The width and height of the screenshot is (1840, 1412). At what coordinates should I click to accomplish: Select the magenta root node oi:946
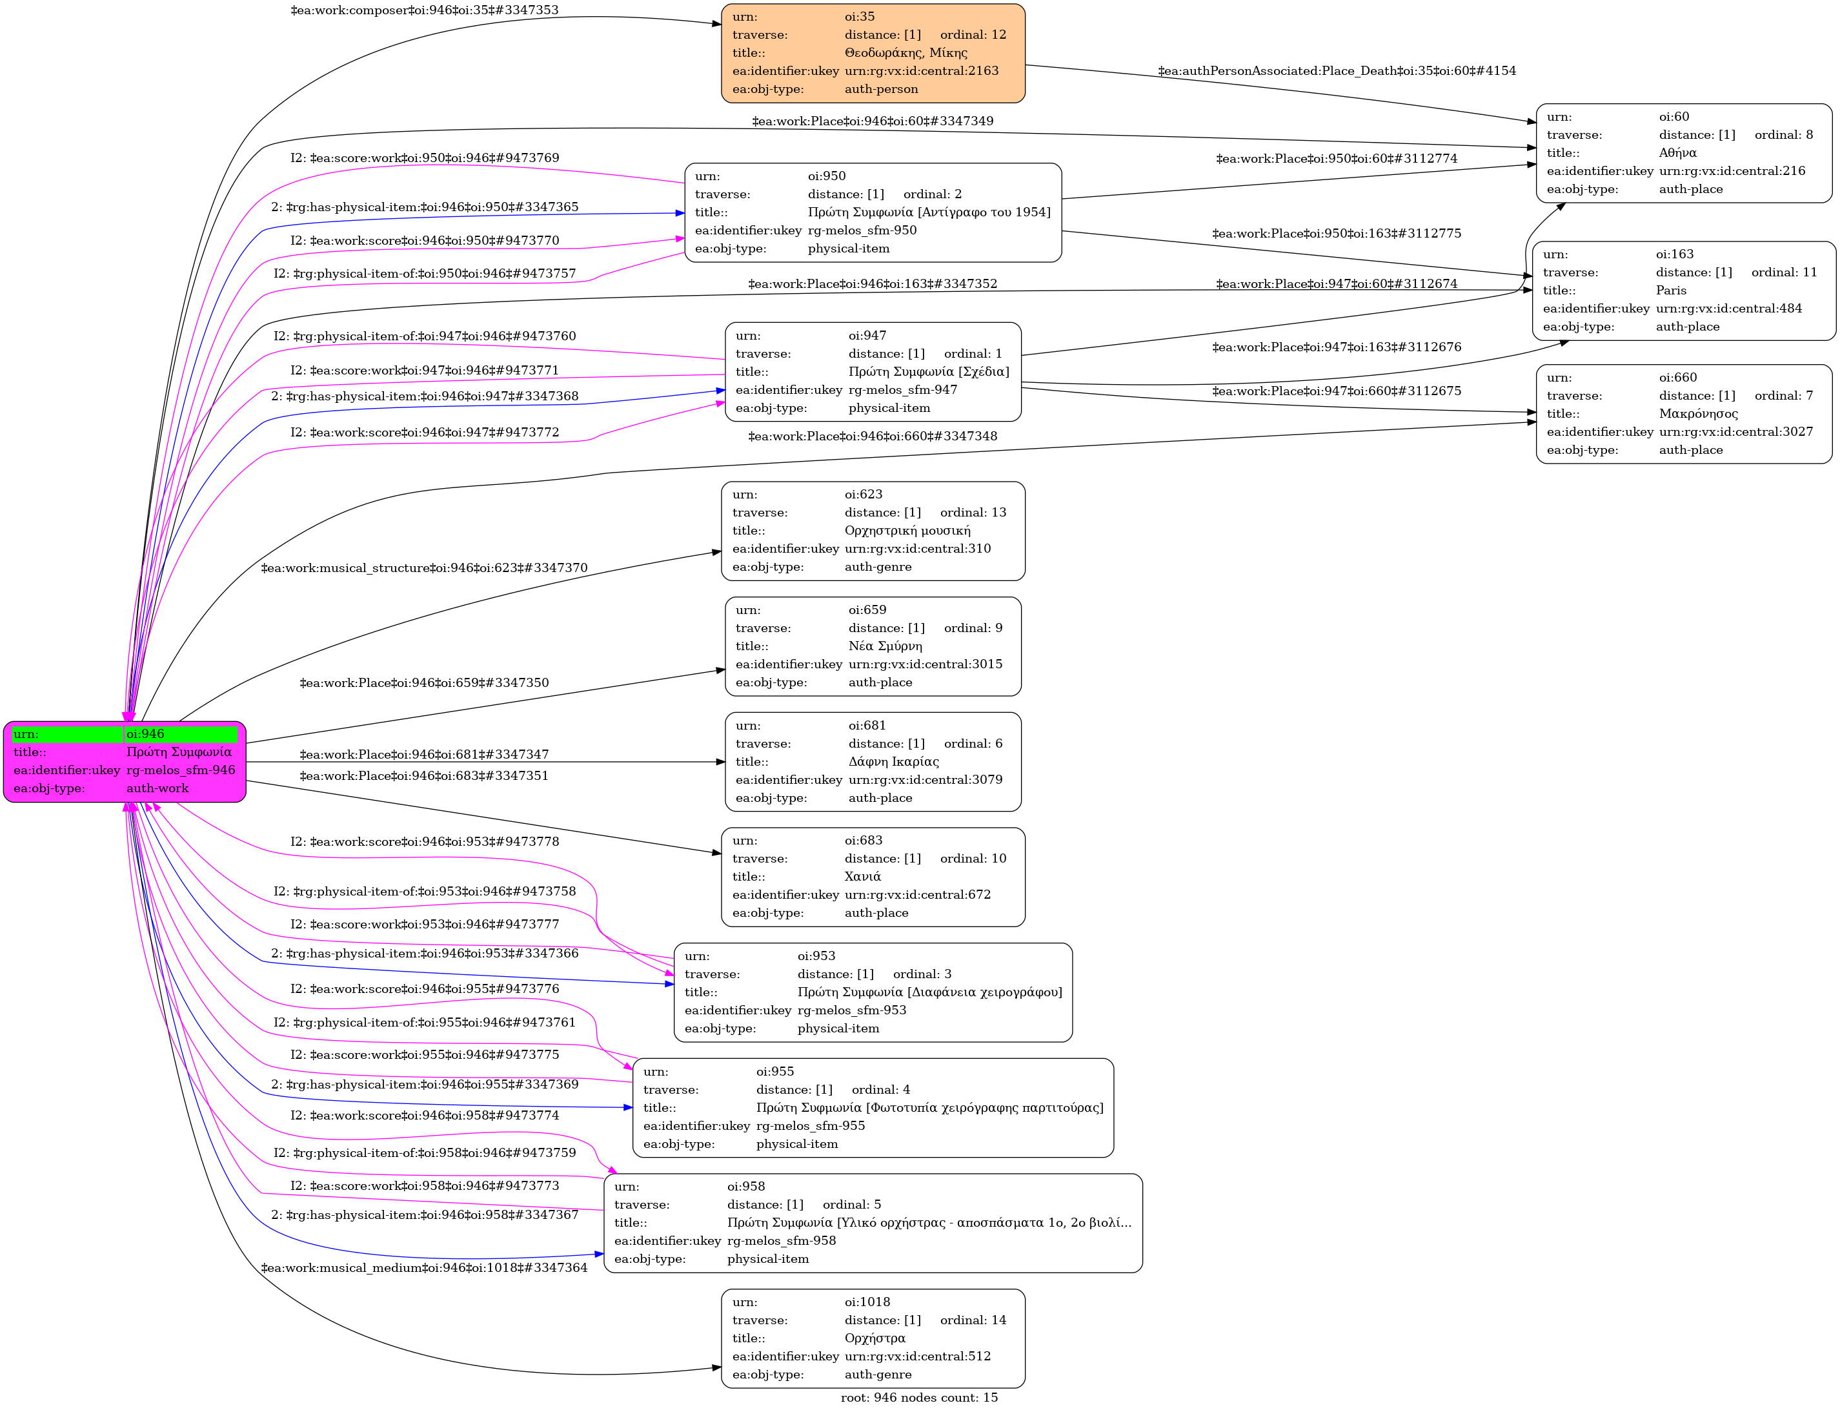point(125,761)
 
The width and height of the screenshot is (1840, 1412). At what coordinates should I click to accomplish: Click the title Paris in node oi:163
point(1670,290)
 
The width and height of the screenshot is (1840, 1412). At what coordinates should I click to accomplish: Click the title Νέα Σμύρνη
point(885,646)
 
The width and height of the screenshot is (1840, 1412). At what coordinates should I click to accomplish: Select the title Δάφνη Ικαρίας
point(893,761)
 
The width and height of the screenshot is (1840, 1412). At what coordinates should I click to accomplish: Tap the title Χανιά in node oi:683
point(862,877)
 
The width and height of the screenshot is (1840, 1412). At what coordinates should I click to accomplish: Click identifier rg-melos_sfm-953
point(851,1010)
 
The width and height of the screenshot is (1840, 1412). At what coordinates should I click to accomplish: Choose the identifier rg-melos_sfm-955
point(810,1125)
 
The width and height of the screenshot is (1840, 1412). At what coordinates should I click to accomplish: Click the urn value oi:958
point(745,1187)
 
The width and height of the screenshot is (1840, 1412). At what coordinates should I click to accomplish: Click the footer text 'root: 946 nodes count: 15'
point(919,1398)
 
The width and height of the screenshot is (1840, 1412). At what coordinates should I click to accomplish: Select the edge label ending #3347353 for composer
point(424,10)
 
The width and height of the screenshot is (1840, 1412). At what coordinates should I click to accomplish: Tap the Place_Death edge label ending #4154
point(1336,70)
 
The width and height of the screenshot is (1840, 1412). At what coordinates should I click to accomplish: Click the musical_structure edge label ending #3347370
point(424,568)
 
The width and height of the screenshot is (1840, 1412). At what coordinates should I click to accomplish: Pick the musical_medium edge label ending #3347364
point(424,1267)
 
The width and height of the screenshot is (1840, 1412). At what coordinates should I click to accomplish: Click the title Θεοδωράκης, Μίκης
point(905,53)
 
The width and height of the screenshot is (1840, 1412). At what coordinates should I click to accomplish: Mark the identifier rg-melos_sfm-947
point(902,390)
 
